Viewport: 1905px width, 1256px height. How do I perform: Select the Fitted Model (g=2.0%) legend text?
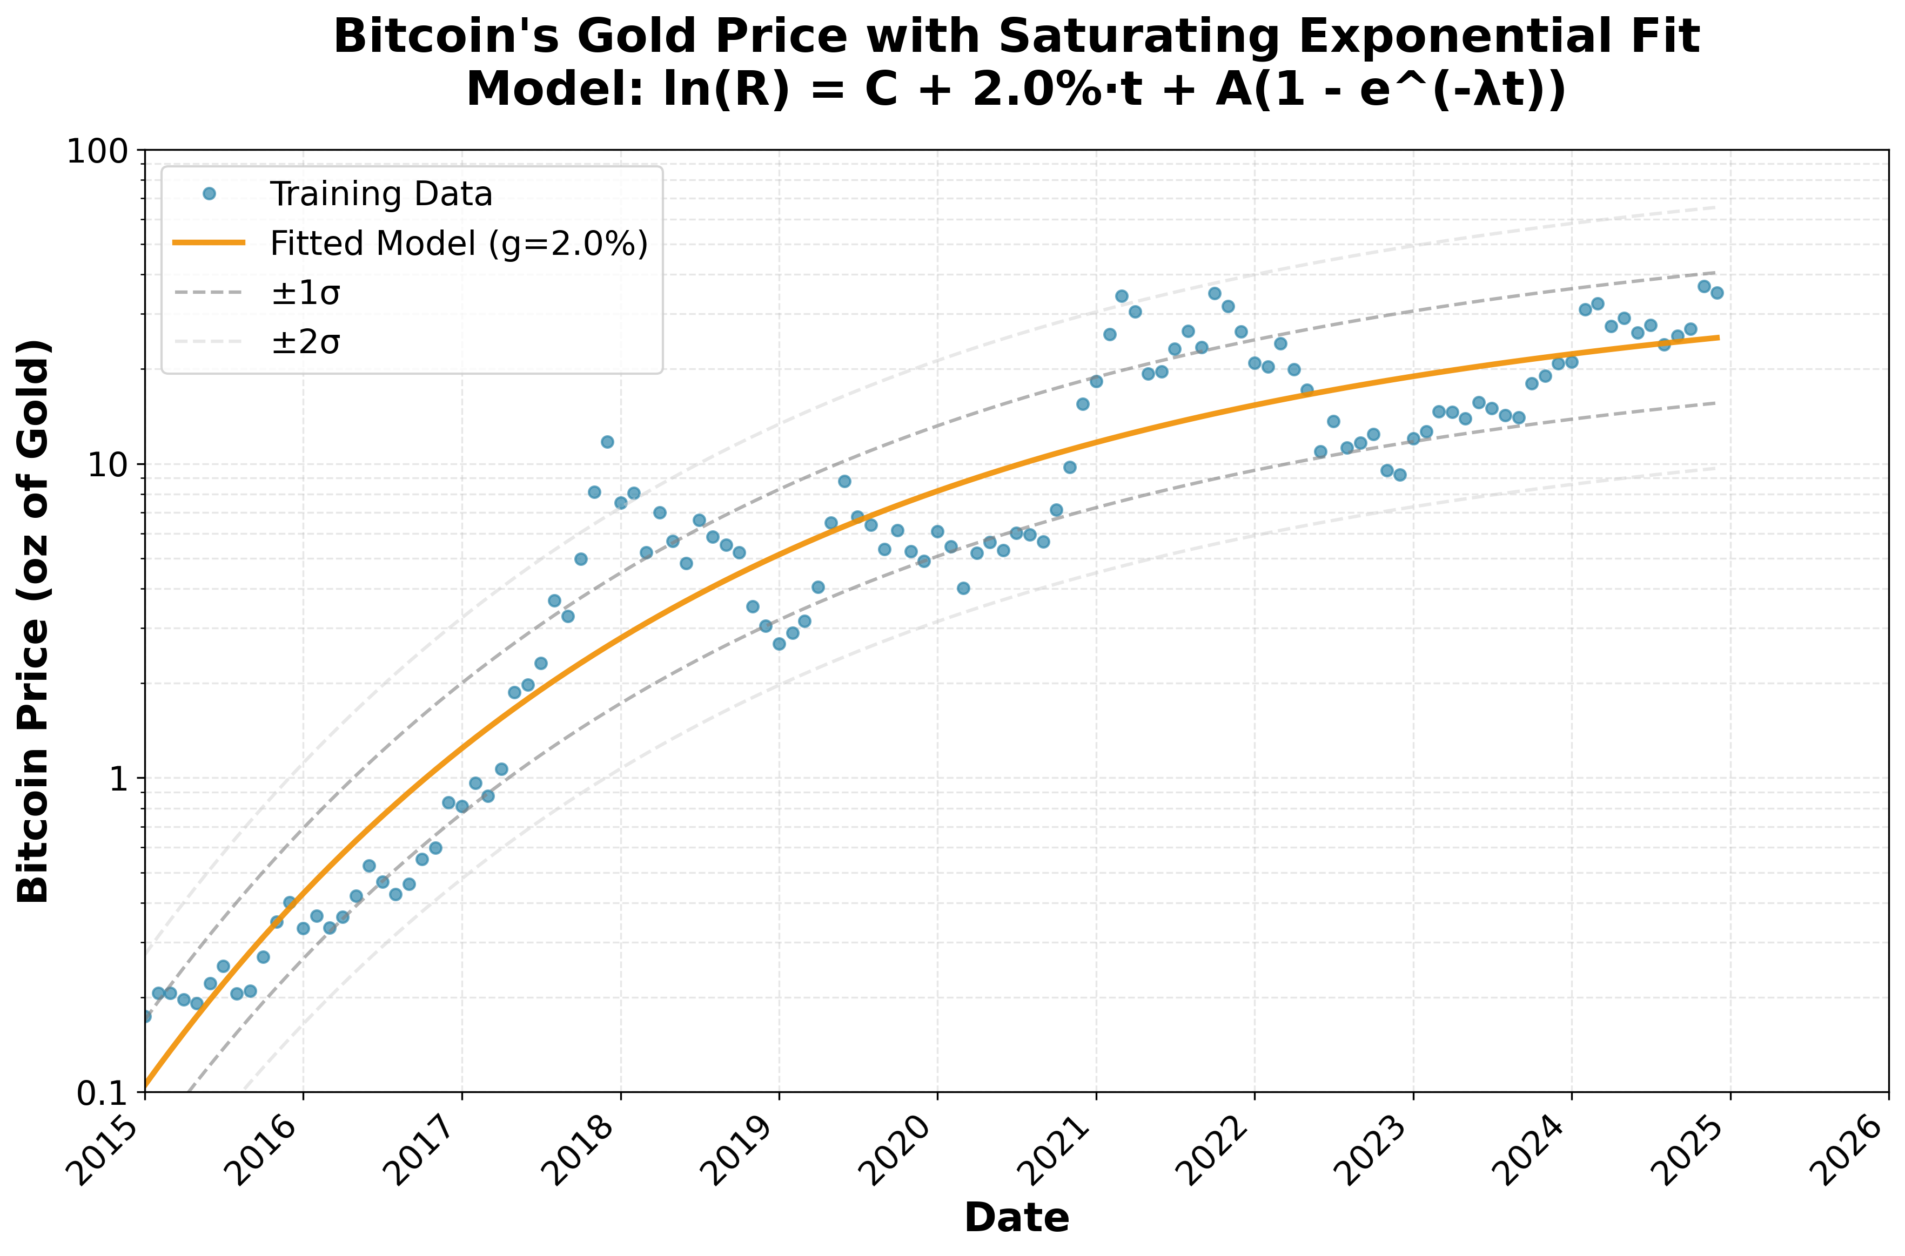(x=458, y=244)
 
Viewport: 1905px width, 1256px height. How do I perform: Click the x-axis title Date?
(x=1016, y=1218)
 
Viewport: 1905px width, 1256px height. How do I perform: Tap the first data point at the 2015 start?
(x=146, y=1016)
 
